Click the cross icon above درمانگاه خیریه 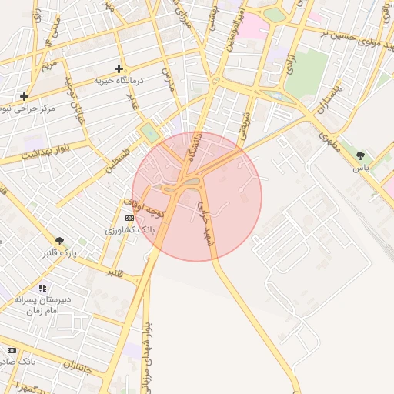[119, 68]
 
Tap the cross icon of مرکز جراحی [25, 97]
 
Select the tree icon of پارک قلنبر [59, 241]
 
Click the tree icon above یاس [360, 155]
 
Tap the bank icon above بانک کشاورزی [129, 218]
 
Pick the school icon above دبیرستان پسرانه [42, 288]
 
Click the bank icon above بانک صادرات [12, 350]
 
